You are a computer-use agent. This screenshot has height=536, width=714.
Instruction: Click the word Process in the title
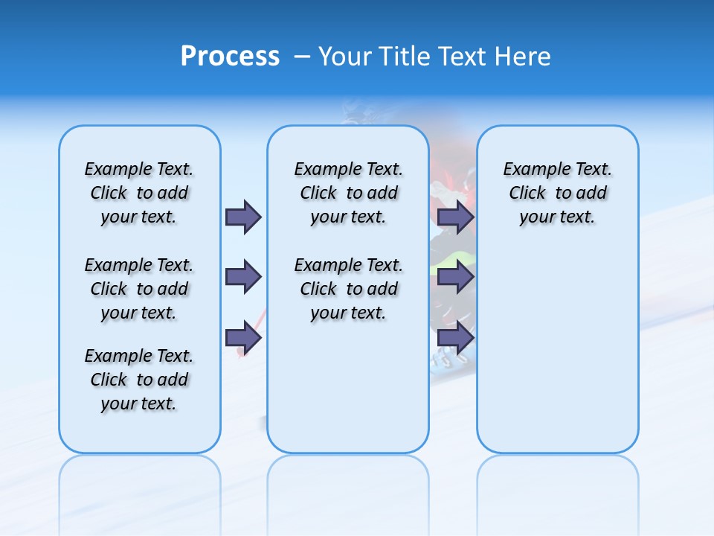[x=230, y=56]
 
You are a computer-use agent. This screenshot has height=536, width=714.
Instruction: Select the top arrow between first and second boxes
[x=243, y=217]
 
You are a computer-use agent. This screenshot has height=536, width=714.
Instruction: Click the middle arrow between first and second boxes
[x=243, y=277]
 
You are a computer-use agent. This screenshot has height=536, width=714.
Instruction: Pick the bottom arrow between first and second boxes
[x=243, y=337]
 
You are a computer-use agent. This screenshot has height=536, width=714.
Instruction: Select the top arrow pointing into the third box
[x=455, y=217]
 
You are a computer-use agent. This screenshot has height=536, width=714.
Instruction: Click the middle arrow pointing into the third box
[x=455, y=277]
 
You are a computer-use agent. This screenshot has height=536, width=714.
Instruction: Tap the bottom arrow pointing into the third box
[x=455, y=337]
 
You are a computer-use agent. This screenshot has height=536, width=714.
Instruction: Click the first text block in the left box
[x=139, y=193]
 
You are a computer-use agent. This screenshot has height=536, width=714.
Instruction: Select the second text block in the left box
[x=139, y=289]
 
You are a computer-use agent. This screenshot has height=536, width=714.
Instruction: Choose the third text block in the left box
[x=139, y=380]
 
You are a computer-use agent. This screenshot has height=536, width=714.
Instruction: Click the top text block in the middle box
[x=348, y=193]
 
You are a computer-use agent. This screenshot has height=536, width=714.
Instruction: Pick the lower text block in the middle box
[x=348, y=289]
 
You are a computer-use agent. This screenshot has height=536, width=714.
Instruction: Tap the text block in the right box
[x=557, y=193]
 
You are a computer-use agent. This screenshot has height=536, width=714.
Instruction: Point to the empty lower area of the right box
[x=557, y=350]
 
